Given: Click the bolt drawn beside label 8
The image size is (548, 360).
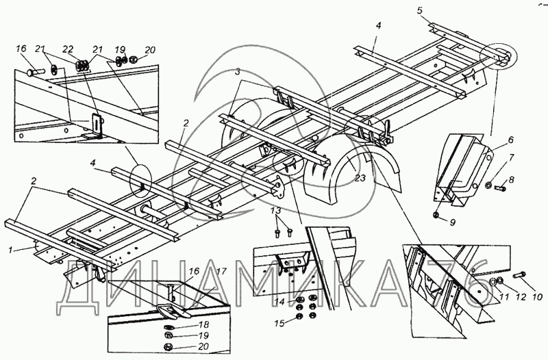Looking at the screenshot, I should (499, 184).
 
